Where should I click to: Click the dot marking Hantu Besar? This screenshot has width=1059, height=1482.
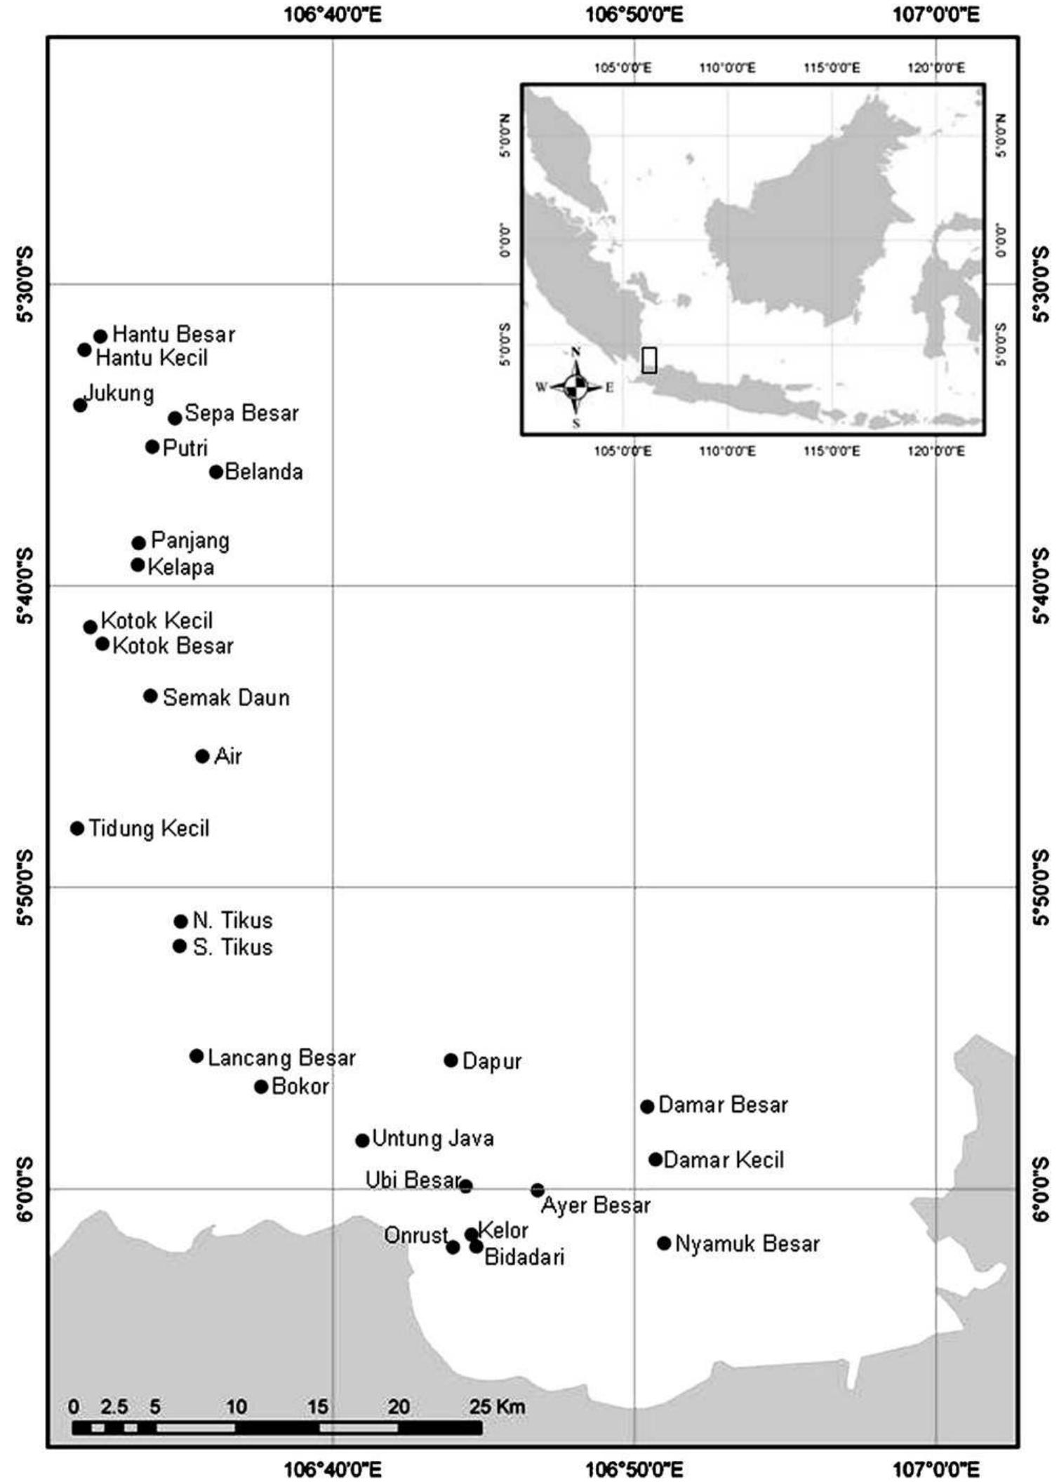coord(100,337)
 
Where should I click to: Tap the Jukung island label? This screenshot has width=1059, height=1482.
coord(119,393)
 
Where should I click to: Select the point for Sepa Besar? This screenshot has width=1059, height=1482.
coord(175,418)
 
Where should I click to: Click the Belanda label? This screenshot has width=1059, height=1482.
coord(264,472)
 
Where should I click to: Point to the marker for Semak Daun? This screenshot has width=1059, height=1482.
coord(150,696)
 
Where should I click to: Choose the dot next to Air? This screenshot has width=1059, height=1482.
coord(202,756)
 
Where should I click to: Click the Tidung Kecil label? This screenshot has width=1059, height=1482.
coord(149,829)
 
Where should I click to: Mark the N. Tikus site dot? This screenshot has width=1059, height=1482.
coord(180,921)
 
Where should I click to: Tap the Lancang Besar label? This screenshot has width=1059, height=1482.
coord(281,1057)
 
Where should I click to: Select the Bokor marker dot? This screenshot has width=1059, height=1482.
coord(261,1087)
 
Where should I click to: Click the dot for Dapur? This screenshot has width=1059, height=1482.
coord(451,1060)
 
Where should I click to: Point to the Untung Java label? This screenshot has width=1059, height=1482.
coord(433,1138)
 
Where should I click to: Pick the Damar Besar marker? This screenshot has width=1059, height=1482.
coord(647,1107)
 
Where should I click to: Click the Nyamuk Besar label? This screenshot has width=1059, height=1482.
coord(747,1244)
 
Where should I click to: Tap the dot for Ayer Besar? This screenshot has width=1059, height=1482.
coord(538,1190)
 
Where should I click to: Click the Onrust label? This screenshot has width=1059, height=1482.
coord(415,1235)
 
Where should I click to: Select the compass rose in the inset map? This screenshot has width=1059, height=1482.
coord(575,387)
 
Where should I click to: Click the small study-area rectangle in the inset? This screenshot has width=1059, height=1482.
coord(649,359)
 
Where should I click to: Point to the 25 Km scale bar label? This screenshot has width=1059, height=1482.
coord(498,1406)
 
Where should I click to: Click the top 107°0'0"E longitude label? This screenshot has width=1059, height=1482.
coord(936,14)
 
